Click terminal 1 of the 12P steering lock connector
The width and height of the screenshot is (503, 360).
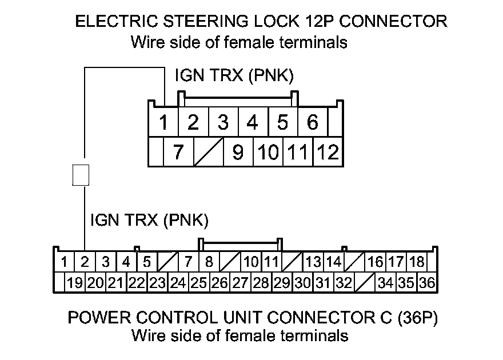click(163, 122)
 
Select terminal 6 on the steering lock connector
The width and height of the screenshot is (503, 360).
click(313, 122)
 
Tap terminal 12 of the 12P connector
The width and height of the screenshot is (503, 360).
click(328, 152)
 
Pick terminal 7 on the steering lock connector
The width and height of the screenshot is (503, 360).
click(178, 152)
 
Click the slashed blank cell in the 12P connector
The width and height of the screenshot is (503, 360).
click(209, 152)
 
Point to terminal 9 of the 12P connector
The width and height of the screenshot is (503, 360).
click(238, 152)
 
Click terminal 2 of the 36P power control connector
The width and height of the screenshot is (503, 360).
click(85, 262)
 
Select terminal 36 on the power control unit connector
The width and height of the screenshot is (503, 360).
click(428, 283)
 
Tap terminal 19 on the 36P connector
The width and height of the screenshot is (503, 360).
click(75, 283)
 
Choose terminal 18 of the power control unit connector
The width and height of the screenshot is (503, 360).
click(417, 262)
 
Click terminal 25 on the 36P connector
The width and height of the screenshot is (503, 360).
click(198, 283)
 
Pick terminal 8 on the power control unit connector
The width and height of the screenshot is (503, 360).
click(209, 262)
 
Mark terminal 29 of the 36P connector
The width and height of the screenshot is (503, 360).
click(282, 283)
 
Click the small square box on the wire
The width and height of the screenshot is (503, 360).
click(81, 175)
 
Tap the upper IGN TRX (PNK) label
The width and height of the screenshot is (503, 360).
click(234, 75)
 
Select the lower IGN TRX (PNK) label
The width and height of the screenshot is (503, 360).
click(149, 220)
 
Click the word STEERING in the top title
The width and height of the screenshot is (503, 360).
click(206, 22)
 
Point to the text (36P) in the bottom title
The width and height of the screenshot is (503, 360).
click(418, 318)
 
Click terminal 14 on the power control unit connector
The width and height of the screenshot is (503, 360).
click(334, 262)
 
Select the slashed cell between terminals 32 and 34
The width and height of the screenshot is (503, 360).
click(365, 283)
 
